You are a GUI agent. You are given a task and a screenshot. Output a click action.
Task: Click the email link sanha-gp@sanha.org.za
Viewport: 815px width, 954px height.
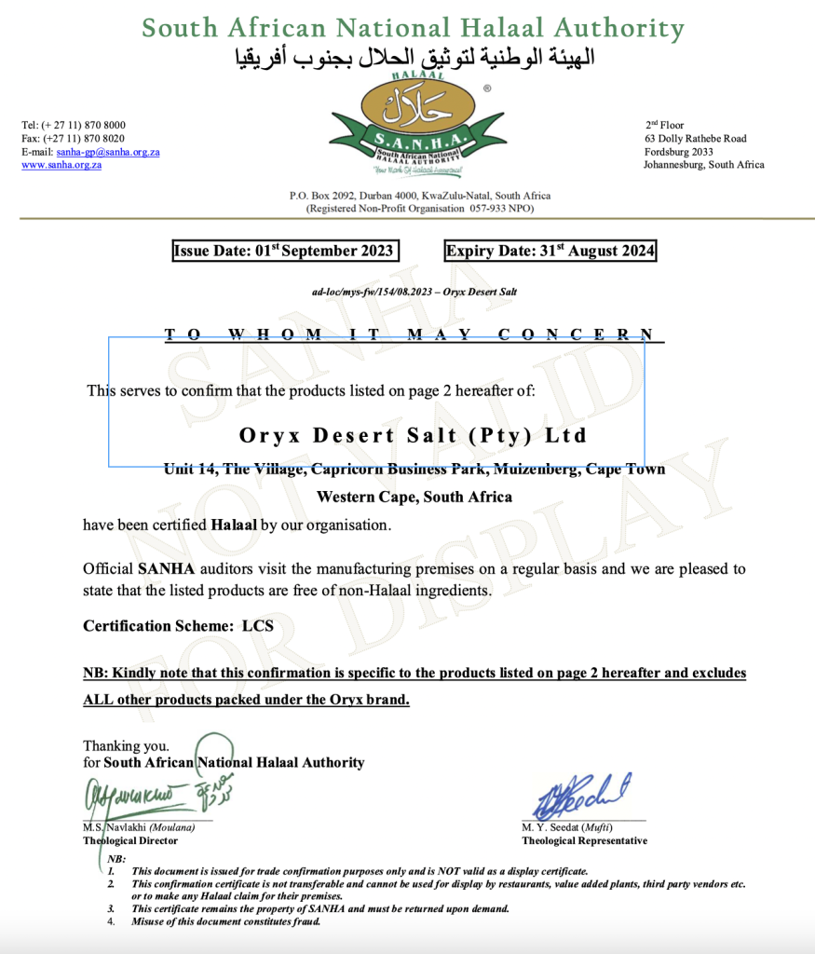pos(108,152)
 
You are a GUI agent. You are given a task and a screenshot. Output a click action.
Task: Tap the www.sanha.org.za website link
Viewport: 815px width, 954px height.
pos(61,165)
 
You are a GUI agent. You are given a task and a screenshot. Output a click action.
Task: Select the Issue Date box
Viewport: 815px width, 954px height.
pos(284,251)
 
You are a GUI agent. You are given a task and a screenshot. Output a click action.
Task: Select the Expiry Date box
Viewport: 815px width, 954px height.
pos(550,251)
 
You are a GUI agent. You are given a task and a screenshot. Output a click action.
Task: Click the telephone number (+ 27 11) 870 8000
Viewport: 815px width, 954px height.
pos(74,125)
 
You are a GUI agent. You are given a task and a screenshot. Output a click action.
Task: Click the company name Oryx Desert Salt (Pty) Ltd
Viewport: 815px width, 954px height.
pos(414,435)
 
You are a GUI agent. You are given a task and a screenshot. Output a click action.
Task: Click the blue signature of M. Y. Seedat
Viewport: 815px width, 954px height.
pos(581,795)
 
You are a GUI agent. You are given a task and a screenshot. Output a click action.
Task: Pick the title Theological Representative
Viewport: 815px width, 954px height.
pos(584,840)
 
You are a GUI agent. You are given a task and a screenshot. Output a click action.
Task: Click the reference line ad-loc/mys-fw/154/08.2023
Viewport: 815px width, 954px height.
pos(414,292)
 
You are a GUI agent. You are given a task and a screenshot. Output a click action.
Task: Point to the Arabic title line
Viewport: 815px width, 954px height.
pos(413,58)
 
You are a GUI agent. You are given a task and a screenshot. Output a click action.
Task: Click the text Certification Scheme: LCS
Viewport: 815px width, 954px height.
pos(178,626)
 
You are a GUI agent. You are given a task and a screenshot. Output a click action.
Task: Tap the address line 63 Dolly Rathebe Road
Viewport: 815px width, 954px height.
pos(696,139)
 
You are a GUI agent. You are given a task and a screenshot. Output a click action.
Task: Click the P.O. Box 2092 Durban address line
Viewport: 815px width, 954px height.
pos(419,196)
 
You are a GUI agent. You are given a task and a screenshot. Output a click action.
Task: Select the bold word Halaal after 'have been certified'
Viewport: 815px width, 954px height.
pos(233,525)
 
